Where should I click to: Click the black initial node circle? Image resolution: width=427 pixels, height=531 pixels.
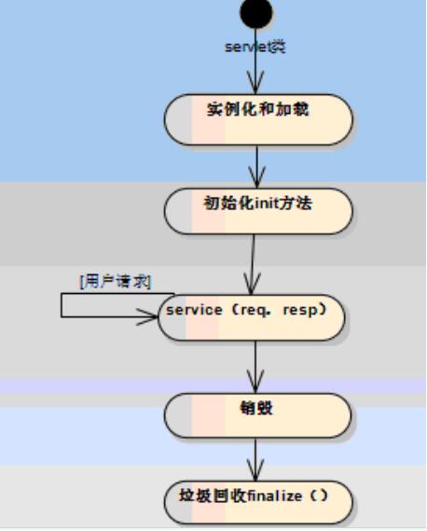click(257, 12)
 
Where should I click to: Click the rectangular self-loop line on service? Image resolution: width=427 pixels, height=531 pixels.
click(63, 305)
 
